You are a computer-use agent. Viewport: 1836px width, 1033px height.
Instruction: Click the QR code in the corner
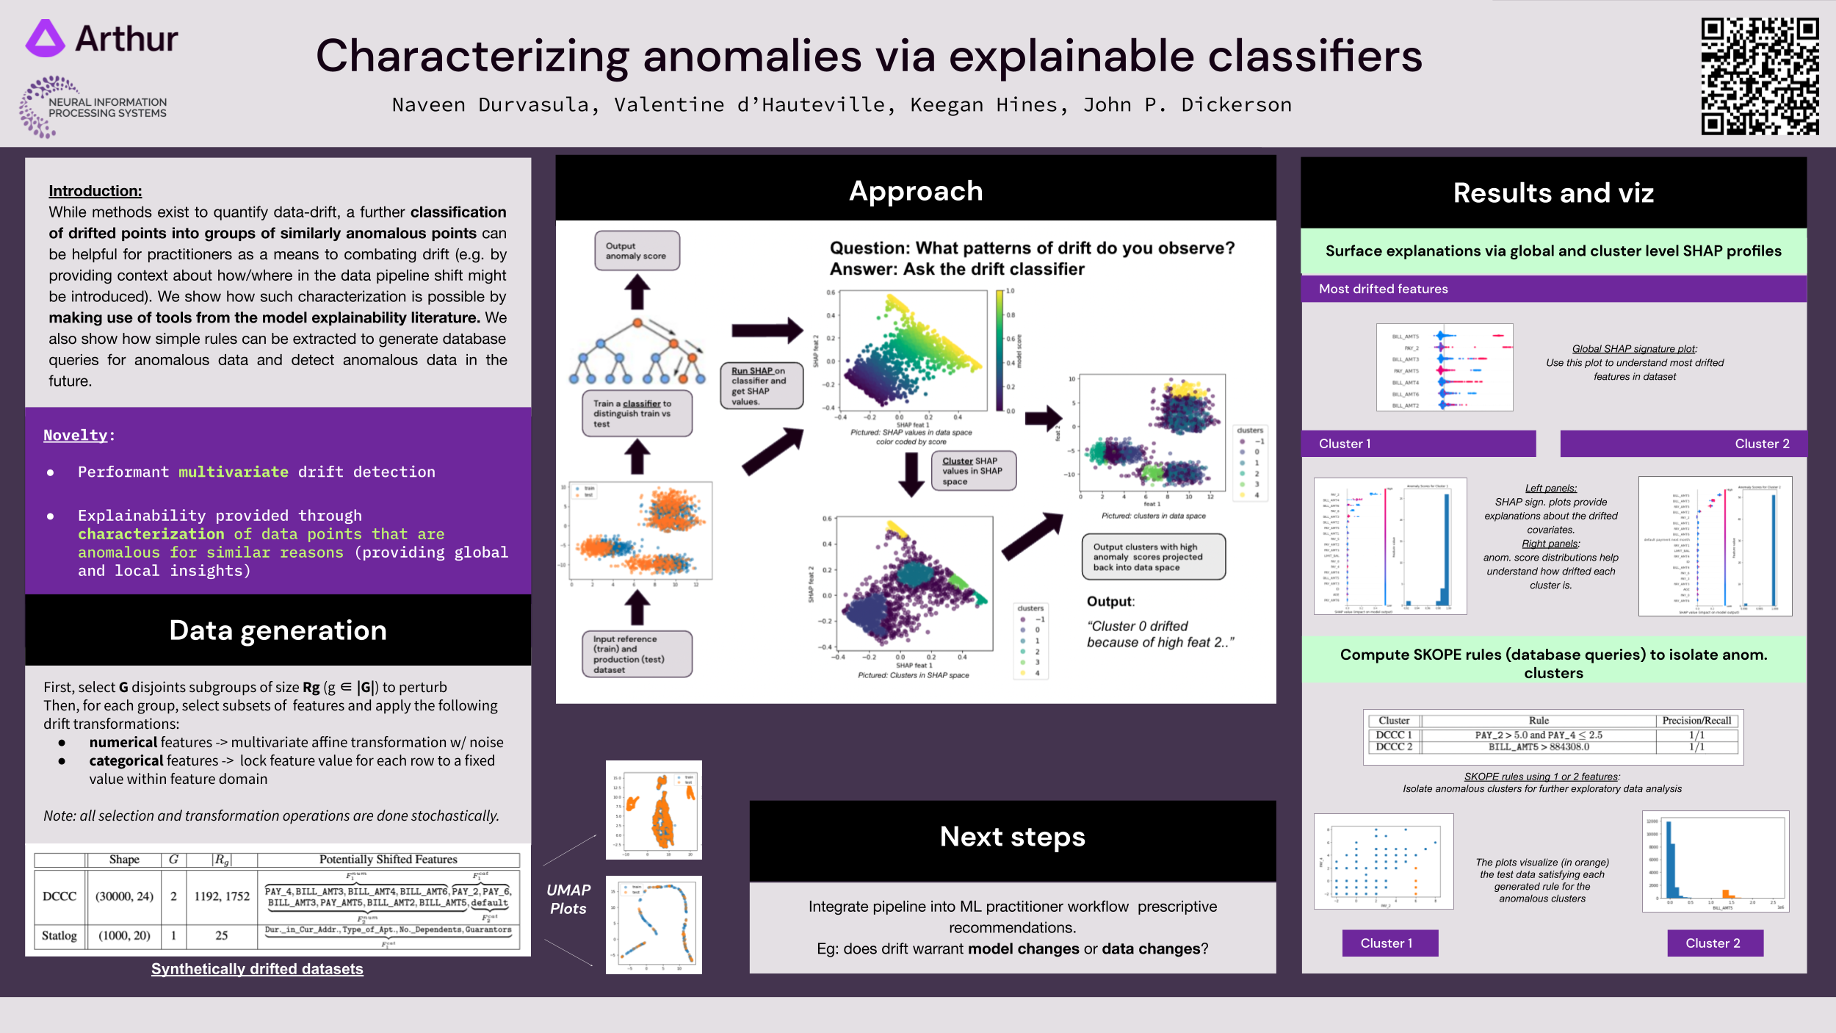tap(1760, 76)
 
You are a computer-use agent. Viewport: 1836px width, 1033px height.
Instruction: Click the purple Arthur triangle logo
tap(46, 39)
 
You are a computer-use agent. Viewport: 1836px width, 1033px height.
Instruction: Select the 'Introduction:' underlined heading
tap(95, 191)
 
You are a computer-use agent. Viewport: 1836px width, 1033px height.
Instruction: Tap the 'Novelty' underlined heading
tap(76, 435)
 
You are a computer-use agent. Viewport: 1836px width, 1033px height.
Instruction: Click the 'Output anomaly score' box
tap(637, 251)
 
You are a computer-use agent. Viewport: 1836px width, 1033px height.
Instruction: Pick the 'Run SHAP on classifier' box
tap(761, 386)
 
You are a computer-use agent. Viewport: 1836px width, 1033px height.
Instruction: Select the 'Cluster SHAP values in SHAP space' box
tap(973, 471)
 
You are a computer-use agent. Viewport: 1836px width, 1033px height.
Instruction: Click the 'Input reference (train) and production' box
tap(637, 654)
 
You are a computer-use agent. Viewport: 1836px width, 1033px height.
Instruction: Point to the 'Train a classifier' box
tap(637, 414)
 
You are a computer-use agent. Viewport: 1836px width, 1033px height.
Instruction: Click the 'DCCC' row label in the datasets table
tap(59, 896)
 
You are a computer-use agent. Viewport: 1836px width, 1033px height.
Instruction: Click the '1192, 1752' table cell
tap(222, 896)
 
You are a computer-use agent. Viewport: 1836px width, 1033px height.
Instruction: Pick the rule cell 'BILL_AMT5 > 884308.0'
tap(1539, 747)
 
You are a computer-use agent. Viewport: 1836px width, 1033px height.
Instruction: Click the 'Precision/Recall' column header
tap(1696, 721)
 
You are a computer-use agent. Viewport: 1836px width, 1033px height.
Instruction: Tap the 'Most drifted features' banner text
tap(1383, 289)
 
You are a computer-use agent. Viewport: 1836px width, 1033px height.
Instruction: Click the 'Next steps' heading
tap(1012, 837)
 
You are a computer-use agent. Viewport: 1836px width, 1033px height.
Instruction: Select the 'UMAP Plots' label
tap(568, 899)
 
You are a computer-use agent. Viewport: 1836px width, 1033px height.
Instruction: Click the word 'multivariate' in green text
tap(234, 472)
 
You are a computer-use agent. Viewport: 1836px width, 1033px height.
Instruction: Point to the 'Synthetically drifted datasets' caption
tap(257, 969)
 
